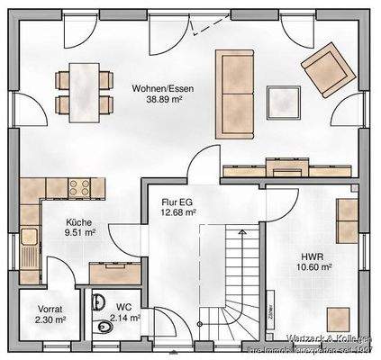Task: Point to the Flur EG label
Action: click(176, 202)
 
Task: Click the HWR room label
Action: click(315, 253)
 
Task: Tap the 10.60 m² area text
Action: click(315, 267)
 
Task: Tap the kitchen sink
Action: click(30, 238)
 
